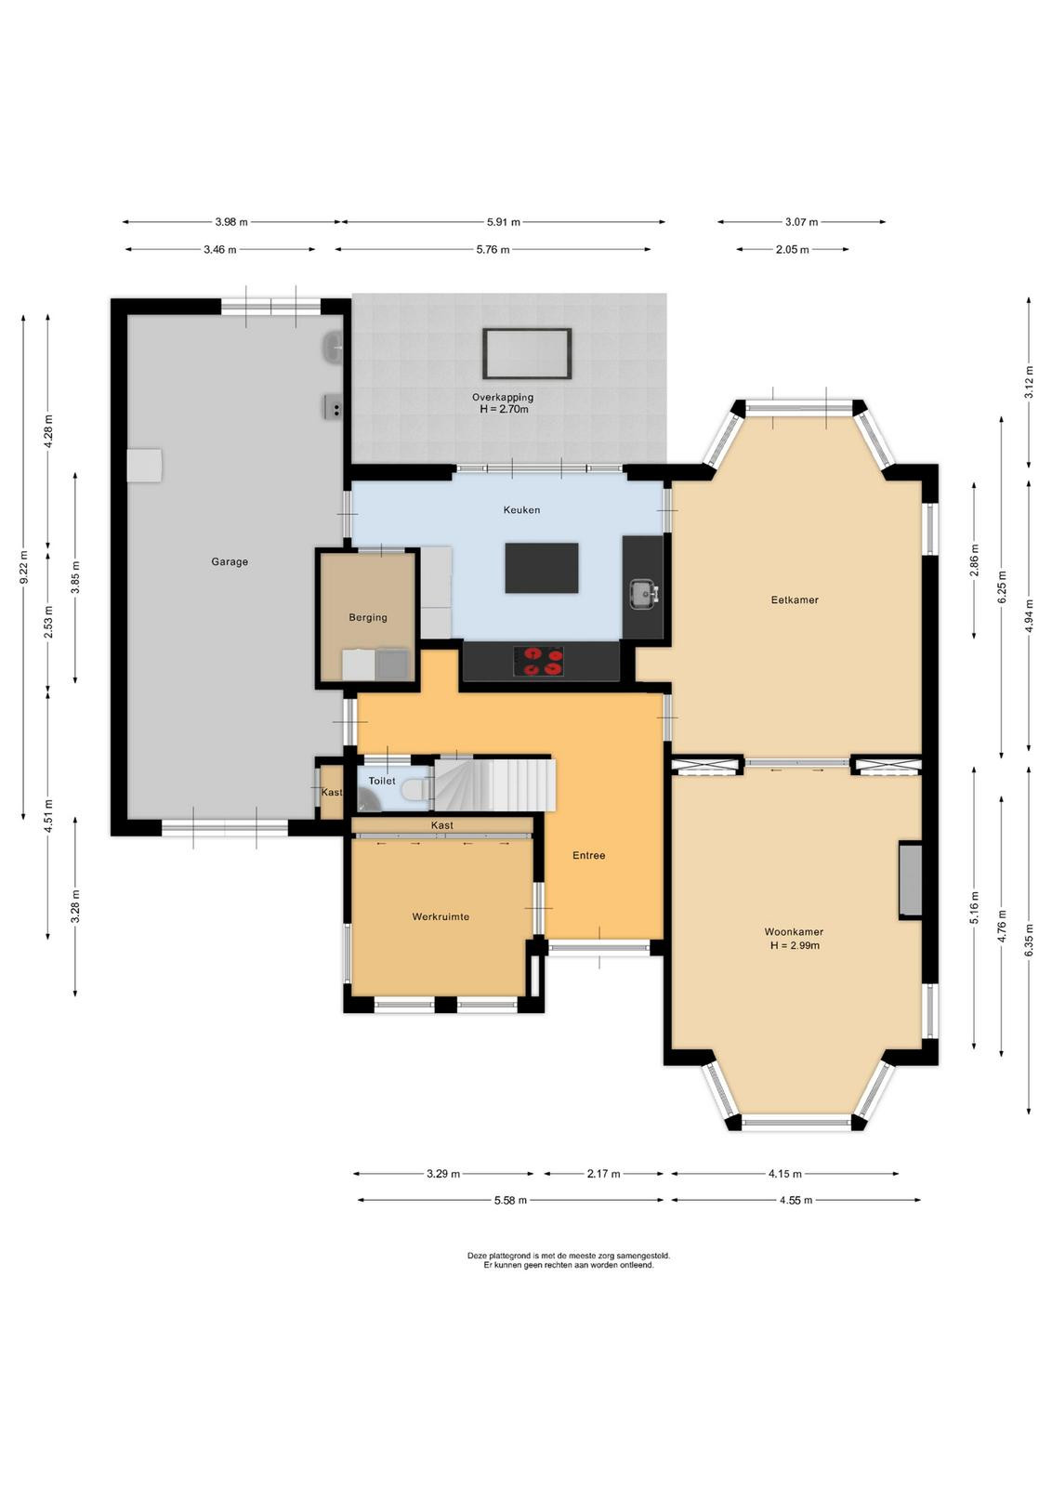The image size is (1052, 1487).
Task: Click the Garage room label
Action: tap(229, 561)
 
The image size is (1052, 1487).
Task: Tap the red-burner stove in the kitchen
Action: tap(538, 661)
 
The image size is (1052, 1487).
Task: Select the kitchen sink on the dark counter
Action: tap(643, 594)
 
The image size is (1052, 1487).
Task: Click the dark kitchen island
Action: tap(542, 568)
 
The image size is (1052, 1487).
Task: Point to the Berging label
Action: tap(368, 617)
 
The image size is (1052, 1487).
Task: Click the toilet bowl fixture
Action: tap(417, 789)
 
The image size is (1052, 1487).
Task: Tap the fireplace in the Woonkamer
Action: tap(911, 880)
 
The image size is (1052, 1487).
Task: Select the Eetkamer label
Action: tap(795, 599)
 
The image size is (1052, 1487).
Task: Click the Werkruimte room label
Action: tap(441, 916)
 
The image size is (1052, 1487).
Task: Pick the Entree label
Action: tap(588, 856)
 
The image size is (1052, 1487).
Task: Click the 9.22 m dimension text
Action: tap(24, 567)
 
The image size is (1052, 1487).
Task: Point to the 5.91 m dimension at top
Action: tap(504, 222)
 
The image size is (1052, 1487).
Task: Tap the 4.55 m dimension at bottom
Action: tap(796, 1200)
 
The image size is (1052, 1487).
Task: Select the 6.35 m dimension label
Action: tap(1029, 940)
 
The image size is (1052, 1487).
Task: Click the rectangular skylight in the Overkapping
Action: tap(527, 353)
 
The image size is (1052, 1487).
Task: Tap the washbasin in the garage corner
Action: tap(333, 348)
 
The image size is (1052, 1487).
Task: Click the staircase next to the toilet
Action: tap(494, 785)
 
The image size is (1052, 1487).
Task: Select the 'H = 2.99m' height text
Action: tap(795, 945)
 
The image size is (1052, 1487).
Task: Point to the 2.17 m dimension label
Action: tap(604, 1174)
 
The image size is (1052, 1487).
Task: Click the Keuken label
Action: tap(521, 510)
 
